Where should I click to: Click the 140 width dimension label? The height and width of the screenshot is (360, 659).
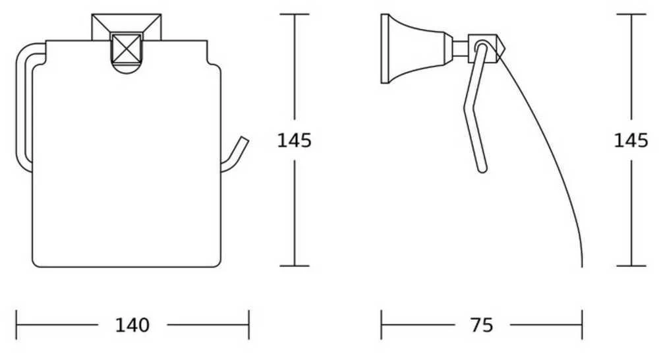click(132, 325)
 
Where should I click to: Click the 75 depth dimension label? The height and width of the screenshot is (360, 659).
click(482, 325)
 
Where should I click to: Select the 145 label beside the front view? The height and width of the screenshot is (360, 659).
click(294, 140)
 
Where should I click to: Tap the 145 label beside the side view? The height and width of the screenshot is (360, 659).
click(631, 140)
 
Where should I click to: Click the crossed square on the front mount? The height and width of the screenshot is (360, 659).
click(126, 48)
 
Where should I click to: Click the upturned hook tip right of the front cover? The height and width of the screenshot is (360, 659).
click(243, 140)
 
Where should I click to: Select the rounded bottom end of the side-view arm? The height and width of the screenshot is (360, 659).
click(483, 169)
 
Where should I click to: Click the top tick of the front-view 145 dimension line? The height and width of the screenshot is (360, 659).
click(294, 15)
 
